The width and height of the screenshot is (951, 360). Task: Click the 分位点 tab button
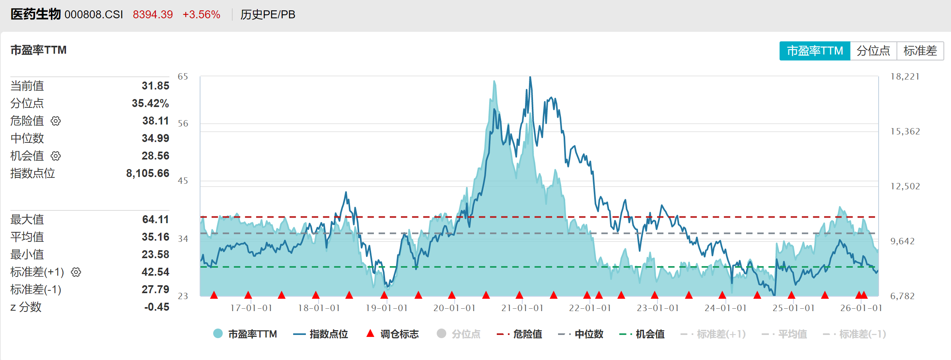tap(873, 51)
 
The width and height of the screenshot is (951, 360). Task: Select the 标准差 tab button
tap(920, 51)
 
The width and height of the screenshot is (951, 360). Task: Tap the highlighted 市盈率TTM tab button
tap(815, 51)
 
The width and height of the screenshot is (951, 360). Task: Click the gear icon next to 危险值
tap(56, 121)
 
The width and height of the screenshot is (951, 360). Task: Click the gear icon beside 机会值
tap(56, 156)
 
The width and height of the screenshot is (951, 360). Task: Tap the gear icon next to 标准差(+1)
tap(76, 272)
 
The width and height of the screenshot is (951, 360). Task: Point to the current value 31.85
tap(155, 86)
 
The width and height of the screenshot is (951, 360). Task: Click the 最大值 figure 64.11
tap(155, 220)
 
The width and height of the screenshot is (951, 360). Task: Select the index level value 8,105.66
tap(148, 173)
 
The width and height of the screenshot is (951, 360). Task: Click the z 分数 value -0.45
tap(157, 307)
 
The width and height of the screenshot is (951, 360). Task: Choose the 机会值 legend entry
tap(642, 334)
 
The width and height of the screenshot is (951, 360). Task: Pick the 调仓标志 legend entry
tap(393, 334)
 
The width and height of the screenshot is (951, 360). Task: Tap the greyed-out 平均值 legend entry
tap(784, 334)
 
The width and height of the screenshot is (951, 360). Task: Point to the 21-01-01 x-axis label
tap(522, 308)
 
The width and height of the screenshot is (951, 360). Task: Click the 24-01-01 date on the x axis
tap(725, 308)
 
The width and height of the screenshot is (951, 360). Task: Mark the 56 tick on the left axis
tap(183, 124)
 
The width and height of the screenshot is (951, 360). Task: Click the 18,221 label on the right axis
tap(905, 77)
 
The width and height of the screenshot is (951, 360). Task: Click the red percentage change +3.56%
tap(201, 15)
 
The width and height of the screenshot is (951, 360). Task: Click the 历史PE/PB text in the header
tap(268, 15)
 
